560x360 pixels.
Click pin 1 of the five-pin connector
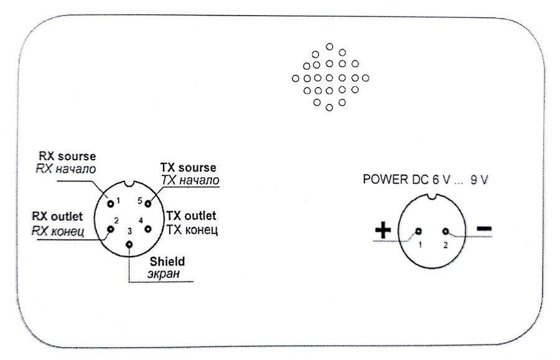(x=111, y=202)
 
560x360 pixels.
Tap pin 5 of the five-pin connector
(x=148, y=203)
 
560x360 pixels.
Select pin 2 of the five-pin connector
(x=111, y=229)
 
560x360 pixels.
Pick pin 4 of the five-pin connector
(x=148, y=229)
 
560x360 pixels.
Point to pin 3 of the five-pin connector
(x=129, y=244)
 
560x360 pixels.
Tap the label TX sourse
(x=189, y=168)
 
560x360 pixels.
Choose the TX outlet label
(x=191, y=216)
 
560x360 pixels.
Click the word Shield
(x=167, y=261)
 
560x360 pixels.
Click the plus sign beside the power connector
(x=383, y=230)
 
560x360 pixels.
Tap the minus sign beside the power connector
(x=484, y=230)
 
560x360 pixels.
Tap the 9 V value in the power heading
(x=478, y=181)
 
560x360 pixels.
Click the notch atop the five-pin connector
(x=129, y=185)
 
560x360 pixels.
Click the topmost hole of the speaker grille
(x=329, y=46)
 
